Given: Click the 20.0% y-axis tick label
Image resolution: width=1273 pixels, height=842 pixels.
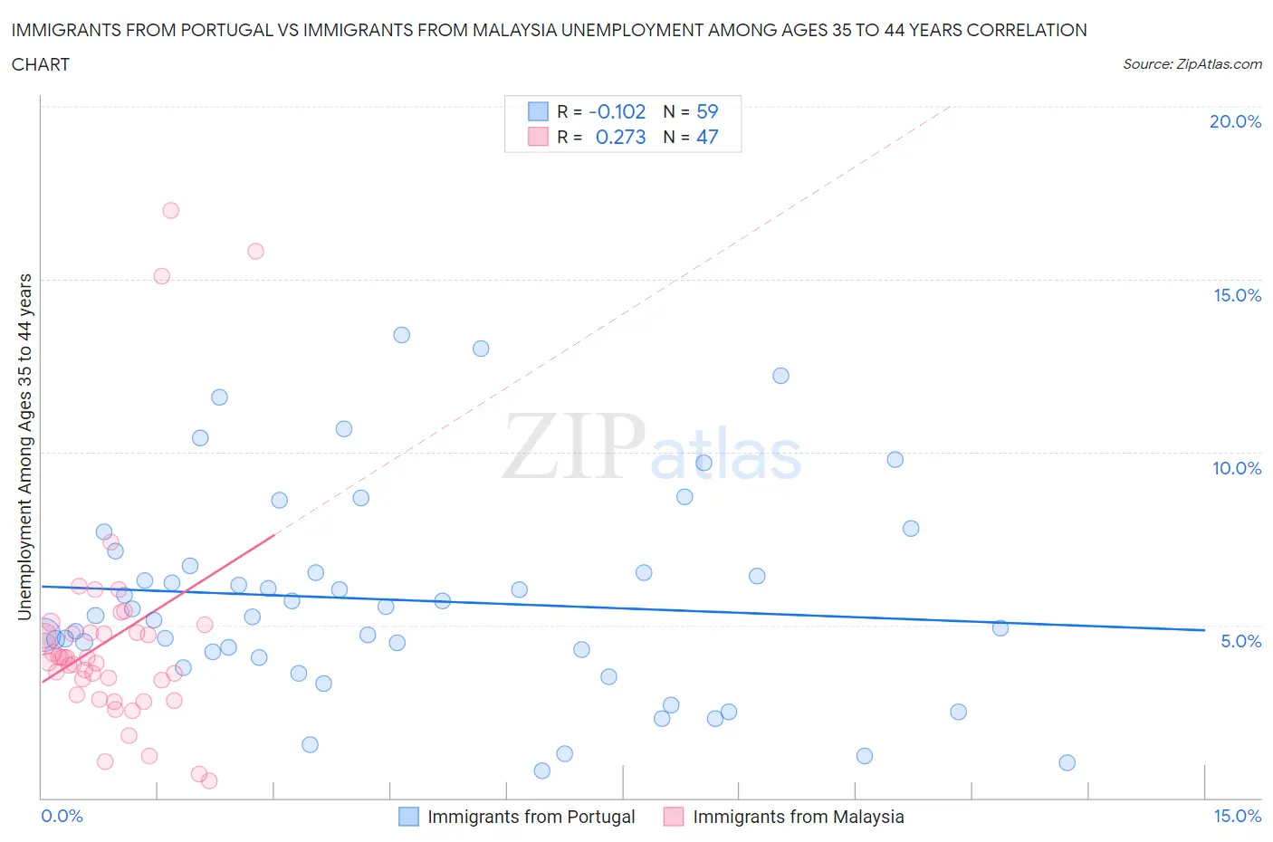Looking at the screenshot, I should click(x=1235, y=121).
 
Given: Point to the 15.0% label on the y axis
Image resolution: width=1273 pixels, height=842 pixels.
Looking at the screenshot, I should click(x=1237, y=295).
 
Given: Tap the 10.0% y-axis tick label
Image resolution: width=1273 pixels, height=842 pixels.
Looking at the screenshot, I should click(x=1237, y=468).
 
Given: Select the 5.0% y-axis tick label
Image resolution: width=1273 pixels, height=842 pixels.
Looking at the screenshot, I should click(x=1240, y=641).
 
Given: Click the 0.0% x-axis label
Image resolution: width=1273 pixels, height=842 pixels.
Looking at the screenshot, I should click(x=62, y=816).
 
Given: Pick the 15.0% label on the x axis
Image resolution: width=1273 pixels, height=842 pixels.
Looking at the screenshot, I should click(x=1237, y=816).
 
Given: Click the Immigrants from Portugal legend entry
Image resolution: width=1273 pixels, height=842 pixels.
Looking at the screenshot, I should click(x=531, y=817).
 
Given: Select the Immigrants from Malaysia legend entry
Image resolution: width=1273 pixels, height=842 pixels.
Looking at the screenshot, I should click(x=798, y=817).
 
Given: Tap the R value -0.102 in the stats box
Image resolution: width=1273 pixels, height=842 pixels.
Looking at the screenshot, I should click(x=617, y=111).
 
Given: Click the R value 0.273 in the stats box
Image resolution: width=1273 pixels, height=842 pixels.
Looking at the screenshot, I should click(x=620, y=137).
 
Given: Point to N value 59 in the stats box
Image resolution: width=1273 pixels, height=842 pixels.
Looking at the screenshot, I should click(x=707, y=111).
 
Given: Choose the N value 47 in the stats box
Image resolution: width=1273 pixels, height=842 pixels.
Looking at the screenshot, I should click(x=707, y=137).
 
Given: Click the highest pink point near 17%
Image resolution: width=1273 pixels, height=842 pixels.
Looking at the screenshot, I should click(x=170, y=210).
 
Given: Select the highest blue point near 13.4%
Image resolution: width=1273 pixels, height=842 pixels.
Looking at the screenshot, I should click(x=401, y=335).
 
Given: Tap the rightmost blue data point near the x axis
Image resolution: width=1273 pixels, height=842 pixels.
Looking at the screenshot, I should click(x=1067, y=762).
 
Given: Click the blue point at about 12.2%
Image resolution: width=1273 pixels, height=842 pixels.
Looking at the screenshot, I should click(x=780, y=376).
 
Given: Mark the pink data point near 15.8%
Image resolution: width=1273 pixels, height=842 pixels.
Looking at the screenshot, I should click(x=255, y=251).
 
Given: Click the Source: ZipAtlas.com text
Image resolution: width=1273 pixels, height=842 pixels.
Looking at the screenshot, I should click(x=1192, y=63).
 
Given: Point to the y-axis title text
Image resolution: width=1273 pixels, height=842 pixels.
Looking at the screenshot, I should click(x=24, y=446).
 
